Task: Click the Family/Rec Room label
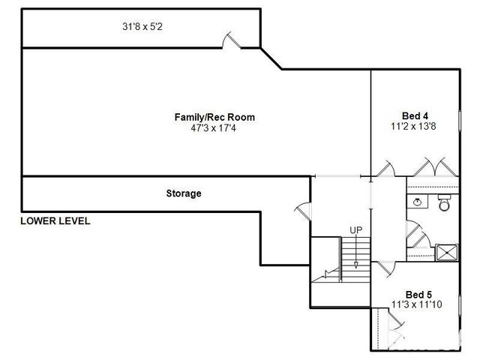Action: click(214, 117)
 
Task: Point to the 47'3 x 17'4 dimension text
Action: click(213, 128)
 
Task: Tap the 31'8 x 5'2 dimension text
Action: click(142, 27)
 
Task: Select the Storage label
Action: click(184, 193)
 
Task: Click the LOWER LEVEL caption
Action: click(55, 221)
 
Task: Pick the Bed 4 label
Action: click(415, 115)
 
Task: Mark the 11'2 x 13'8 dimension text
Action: click(413, 126)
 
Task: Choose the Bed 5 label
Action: click(418, 295)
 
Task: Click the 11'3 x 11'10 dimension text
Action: click(417, 304)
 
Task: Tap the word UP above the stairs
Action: click(355, 230)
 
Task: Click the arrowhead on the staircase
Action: click(356, 265)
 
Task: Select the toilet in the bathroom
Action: click(444, 202)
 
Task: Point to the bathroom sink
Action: click(417, 202)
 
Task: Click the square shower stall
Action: click(447, 253)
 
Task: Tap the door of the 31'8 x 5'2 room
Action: click(232, 40)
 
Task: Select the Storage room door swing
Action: click(302, 211)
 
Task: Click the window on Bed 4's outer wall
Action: click(460, 121)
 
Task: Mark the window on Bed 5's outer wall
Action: click(460, 305)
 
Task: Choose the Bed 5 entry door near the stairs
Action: click(385, 268)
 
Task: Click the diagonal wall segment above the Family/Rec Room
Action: click(271, 58)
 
